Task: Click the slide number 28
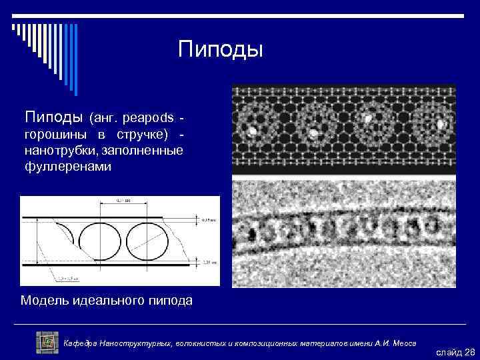[x=469, y=351]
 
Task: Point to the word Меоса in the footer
[x=402, y=343]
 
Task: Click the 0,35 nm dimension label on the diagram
[x=208, y=218]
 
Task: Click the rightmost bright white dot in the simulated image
[x=441, y=123]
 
